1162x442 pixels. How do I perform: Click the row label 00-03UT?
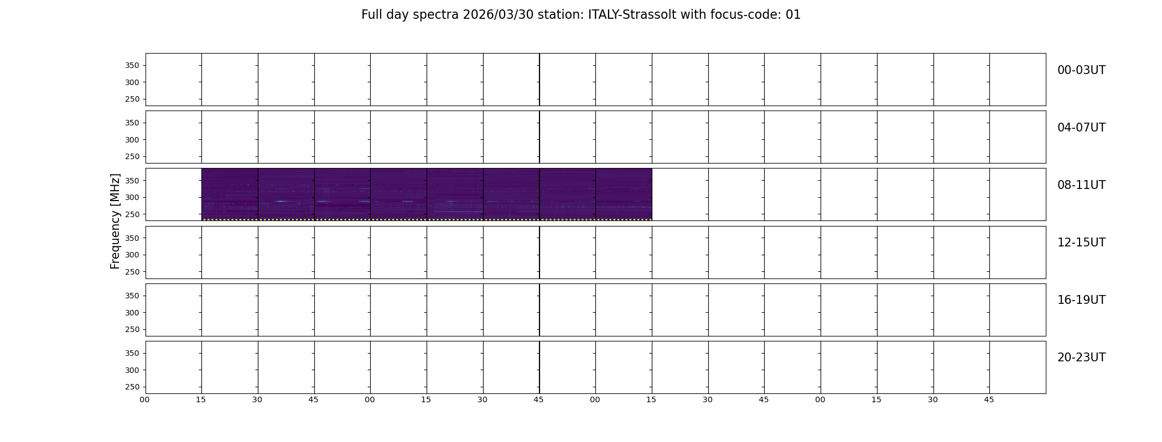point(1081,70)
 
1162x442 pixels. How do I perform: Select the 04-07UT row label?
point(1081,128)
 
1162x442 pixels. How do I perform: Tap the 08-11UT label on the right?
point(1081,185)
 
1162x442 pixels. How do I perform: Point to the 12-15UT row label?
point(1081,243)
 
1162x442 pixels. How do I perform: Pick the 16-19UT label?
point(1081,300)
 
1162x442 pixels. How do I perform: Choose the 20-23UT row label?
point(1081,357)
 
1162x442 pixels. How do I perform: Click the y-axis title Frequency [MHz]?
point(115,221)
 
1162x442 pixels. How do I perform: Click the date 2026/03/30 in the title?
point(498,15)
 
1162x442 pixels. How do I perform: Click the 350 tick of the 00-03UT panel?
point(132,65)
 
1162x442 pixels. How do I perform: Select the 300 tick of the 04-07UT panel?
point(132,140)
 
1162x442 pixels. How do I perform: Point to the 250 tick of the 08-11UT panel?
point(132,214)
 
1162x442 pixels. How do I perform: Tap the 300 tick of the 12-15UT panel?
point(132,255)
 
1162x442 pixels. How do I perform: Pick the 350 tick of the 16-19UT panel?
point(132,296)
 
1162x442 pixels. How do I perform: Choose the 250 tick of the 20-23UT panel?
point(132,387)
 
